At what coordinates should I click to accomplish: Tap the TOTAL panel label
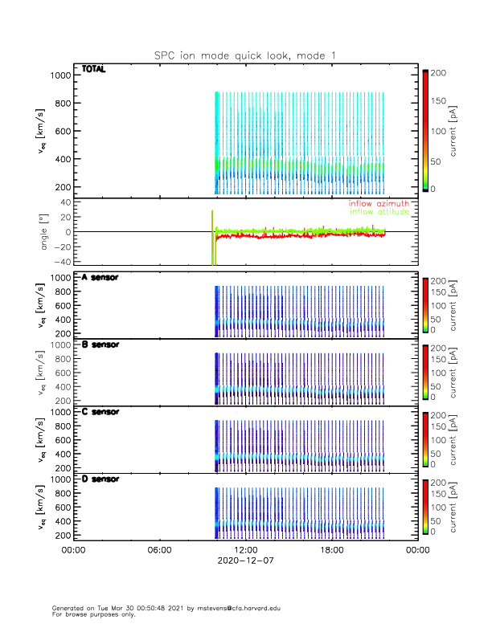tap(94, 69)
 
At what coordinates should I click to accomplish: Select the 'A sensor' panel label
tap(100, 278)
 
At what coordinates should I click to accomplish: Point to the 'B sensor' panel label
tap(100, 344)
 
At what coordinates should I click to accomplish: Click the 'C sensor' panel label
tap(100, 411)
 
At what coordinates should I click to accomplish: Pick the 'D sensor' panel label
tap(100, 479)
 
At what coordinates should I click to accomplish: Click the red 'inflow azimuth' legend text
tap(378, 204)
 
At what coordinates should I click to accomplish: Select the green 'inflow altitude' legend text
tap(378, 212)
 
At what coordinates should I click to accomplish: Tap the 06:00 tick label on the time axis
tap(159, 550)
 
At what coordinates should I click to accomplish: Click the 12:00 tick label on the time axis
tap(245, 550)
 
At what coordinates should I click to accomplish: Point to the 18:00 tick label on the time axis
tap(331, 550)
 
